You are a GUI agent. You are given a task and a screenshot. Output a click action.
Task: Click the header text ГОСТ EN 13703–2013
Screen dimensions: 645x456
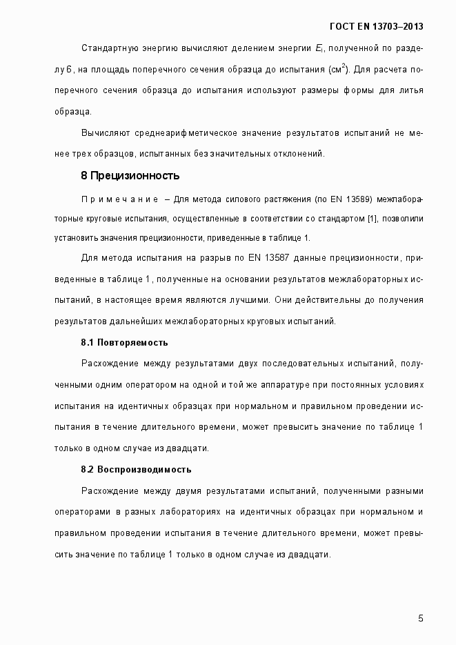[x=377, y=26]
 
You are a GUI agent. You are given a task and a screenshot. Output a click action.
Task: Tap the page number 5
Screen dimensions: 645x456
[x=421, y=617]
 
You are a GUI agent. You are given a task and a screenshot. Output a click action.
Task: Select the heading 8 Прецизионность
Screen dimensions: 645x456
[x=130, y=175]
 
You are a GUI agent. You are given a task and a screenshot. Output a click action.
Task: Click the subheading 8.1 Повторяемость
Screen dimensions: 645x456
[x=124, y=342]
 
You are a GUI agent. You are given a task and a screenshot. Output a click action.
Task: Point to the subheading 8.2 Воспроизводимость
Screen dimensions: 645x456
[x=136, y=470]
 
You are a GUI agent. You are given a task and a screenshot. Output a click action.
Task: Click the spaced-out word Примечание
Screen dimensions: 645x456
[x=120, y=199]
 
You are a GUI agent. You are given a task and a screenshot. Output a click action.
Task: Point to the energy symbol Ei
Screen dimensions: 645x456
[x=320, y=48]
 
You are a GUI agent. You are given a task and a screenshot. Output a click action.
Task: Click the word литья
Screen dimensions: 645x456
[x=409, y=90]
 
